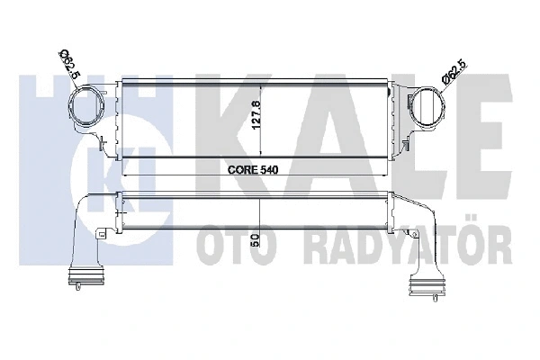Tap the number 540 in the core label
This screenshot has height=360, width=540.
(270, 167)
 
